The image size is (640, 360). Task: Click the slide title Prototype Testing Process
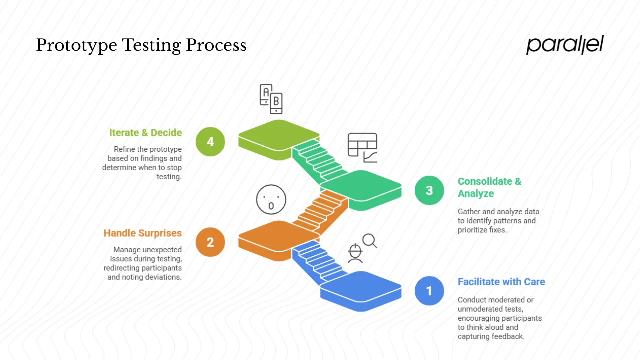141,45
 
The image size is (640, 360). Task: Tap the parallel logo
565,45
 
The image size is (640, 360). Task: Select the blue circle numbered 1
429,291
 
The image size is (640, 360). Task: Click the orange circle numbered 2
210,242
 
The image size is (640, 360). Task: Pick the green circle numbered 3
429,190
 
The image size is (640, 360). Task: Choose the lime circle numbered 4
210,142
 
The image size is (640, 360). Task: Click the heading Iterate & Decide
145,133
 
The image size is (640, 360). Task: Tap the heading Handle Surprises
143,233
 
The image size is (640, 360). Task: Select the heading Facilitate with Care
501,282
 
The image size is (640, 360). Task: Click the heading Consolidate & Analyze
489,187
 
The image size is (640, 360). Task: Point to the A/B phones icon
271,98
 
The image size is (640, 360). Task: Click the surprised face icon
271,199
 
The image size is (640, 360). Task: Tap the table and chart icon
362,147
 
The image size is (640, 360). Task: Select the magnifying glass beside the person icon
370,241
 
